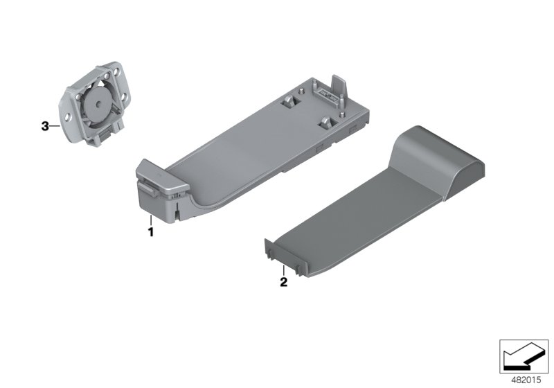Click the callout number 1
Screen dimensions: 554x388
151,232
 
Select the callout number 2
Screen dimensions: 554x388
284,282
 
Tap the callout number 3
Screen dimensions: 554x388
45,126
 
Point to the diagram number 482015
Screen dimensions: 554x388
526,380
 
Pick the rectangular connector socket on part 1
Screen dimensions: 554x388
327,95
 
